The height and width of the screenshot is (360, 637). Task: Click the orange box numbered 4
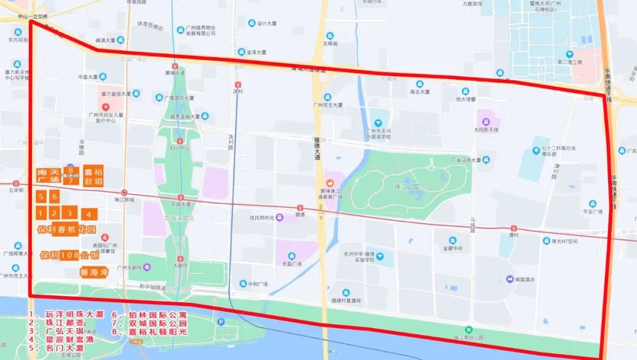coord(89,214)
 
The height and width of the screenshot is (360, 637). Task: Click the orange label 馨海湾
coord(96,273)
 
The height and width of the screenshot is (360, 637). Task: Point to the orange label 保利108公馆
coord(71,256)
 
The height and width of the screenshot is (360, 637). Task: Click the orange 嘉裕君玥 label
coord(93,176)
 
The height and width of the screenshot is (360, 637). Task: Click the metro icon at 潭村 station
coord(514,228)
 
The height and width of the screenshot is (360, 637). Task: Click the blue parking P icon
coord(221,322)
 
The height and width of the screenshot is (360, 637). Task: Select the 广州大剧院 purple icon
coord(147,267)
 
